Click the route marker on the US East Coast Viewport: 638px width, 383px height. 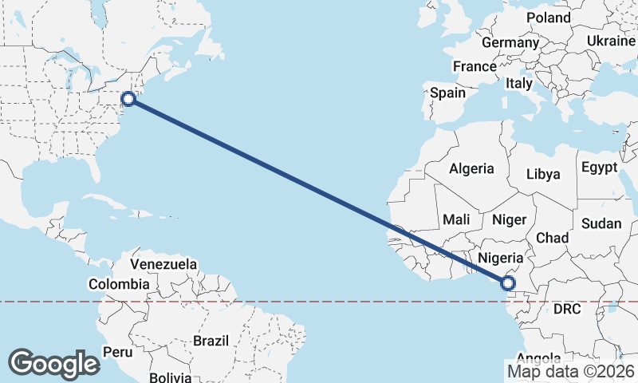(x=128, y=99)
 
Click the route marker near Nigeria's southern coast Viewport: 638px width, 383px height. (x=507, y=282)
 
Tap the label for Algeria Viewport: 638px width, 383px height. (x=471, y=169)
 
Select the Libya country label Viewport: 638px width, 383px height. (x=543, y=174)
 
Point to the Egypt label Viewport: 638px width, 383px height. (x=599, y=168)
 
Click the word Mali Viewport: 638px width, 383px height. (x=457, y=219)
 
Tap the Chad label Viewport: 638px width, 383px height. (x=552, y=238)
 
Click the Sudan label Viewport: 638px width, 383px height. (x=601, y=224)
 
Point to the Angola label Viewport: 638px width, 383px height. (x=539, y=358)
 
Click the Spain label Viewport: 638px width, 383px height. (x=447, y=93)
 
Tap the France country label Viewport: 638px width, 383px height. (x=475, y=66)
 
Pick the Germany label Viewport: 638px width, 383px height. (x=510, y=42)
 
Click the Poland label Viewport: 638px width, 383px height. (x=549, y=18)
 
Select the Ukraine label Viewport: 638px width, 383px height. (x=611, y=41)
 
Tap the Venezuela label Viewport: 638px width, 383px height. (x=163, y=263)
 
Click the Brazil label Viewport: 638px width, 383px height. (x=211, y=341)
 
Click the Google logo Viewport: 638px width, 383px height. (x=53, y=364)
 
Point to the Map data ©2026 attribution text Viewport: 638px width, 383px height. (x=570, y=371)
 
